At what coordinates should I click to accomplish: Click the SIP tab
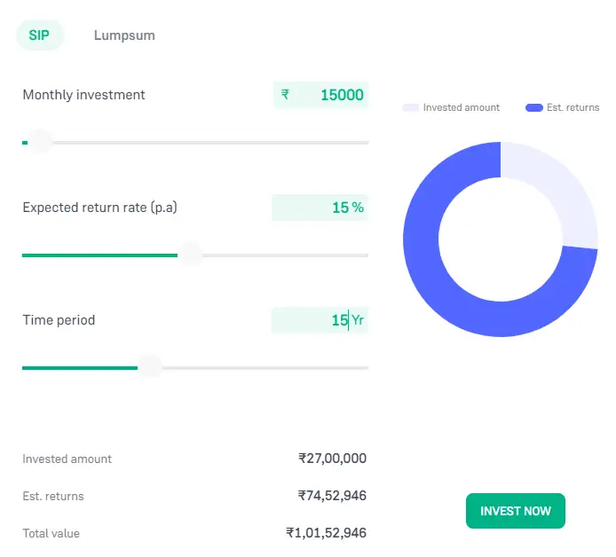39,35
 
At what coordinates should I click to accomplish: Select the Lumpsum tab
124,35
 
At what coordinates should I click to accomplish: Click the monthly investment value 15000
342,95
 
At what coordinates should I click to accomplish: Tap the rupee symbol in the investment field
285,95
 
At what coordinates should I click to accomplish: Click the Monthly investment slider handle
40,142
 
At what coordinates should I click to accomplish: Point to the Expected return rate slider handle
190,255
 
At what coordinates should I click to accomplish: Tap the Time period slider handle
150,367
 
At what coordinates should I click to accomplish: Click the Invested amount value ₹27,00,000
332,459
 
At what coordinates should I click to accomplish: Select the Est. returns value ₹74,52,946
332,496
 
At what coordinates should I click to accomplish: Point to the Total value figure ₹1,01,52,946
326,533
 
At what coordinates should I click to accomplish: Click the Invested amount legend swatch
410,107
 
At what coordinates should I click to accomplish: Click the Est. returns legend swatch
533,107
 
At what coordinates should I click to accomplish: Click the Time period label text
59,320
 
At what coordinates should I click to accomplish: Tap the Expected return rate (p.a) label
106,208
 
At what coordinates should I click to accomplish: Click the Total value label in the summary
51,533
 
